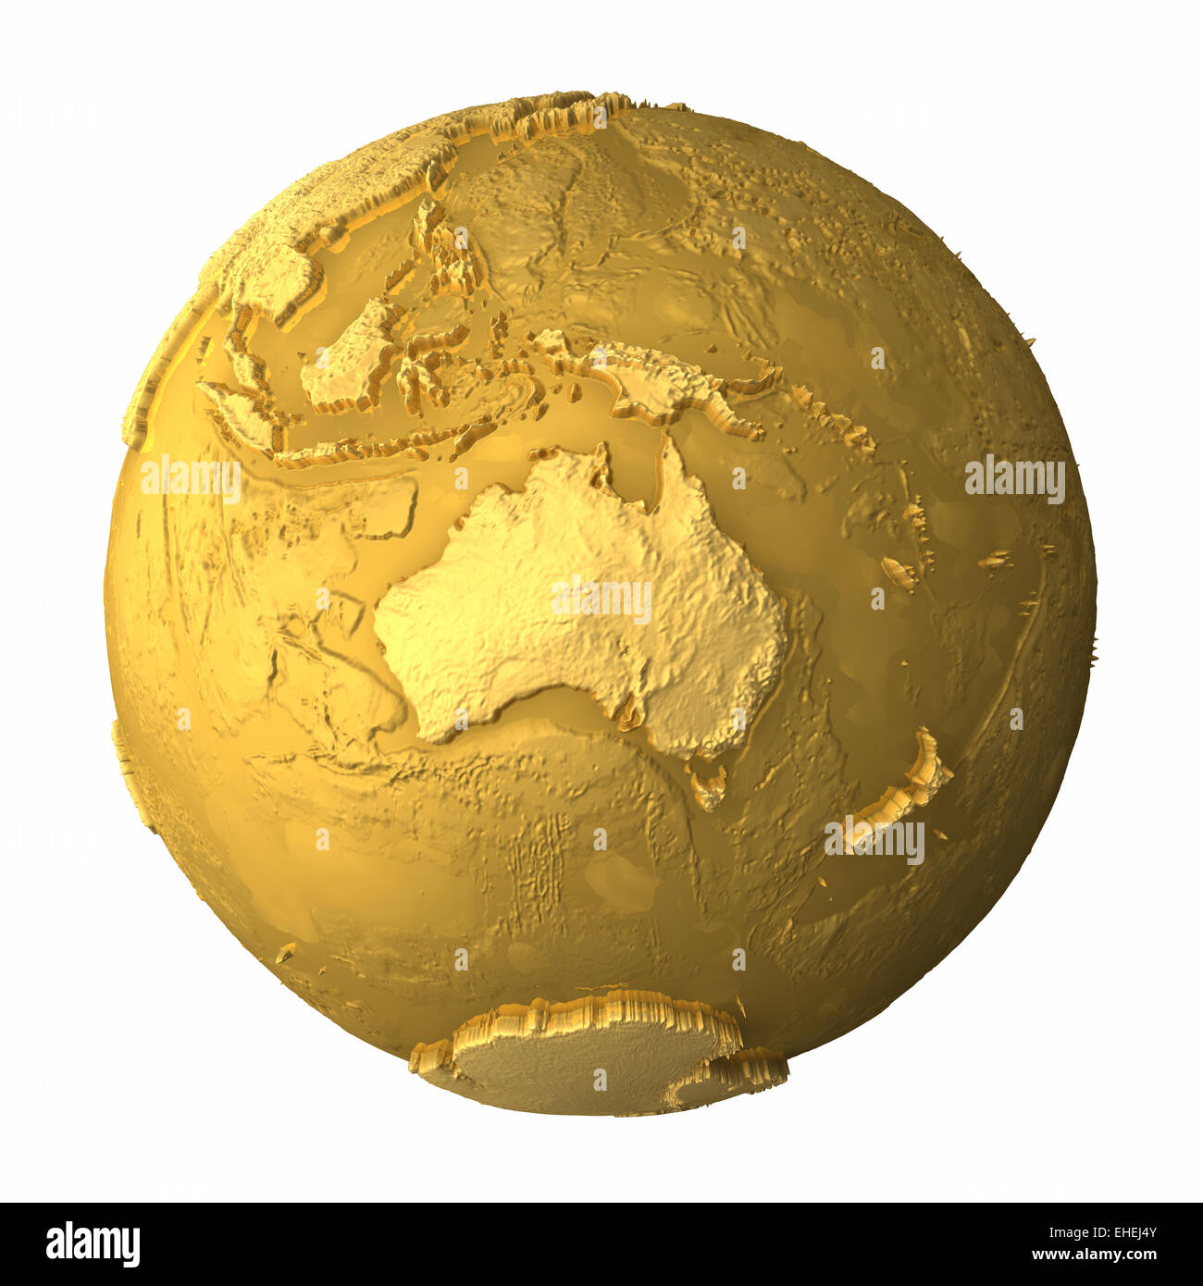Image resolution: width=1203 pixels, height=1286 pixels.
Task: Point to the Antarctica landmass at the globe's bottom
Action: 592,1055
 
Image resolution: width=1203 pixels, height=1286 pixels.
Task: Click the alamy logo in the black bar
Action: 93,1244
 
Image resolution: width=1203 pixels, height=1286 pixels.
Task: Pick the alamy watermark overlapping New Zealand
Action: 874,841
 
